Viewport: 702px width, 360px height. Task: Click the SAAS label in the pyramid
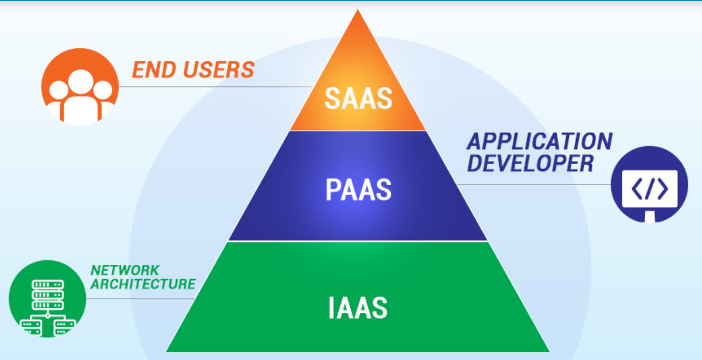(x=358, y=98)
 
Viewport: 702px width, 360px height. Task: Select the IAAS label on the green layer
(x=358, y=307)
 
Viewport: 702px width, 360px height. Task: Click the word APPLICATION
(x=539, y=142)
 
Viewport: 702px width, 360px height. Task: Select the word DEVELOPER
(x=530, y=163)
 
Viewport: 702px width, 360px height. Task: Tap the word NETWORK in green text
(x=124, y=269)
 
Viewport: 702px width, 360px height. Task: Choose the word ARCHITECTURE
(x=143, y=283)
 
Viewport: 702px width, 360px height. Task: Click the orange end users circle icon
(x=80, y=87)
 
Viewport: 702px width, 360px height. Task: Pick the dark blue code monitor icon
(x=649, y=185)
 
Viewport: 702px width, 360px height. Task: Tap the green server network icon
(x=47, y=299)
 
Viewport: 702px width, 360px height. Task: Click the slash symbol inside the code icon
(x=649, y=189)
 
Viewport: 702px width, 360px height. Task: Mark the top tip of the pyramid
(x=358, y=11)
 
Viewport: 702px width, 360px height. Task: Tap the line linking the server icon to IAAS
(x=140, y=298)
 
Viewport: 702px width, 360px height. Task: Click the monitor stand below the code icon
(x=649, y=217)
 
